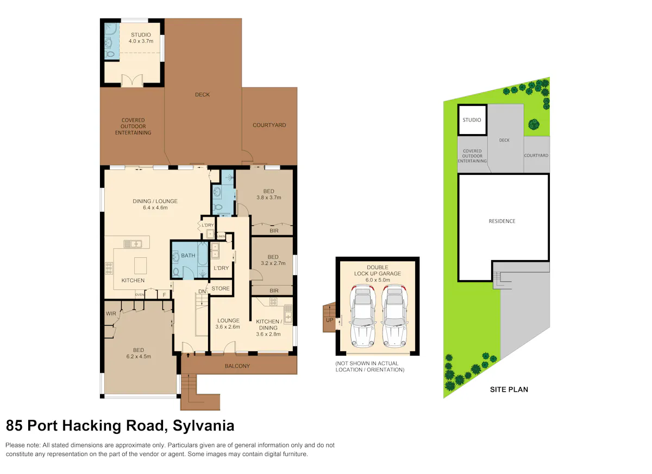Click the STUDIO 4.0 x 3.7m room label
141,38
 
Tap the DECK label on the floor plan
202,94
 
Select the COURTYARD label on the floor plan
269,125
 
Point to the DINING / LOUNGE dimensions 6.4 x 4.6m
155,207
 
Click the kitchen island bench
141,266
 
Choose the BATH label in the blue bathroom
188,256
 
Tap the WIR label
111,313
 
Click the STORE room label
221,288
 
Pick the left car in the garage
363,316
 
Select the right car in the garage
394,316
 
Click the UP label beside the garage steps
329,320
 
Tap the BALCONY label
237,366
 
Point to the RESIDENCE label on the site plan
502,222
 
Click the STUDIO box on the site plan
472,120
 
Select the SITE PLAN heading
509,390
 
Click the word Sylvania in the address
203,426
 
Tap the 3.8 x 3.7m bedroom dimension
268,198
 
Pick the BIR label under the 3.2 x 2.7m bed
274,290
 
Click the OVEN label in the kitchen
140,295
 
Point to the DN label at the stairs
202,292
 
